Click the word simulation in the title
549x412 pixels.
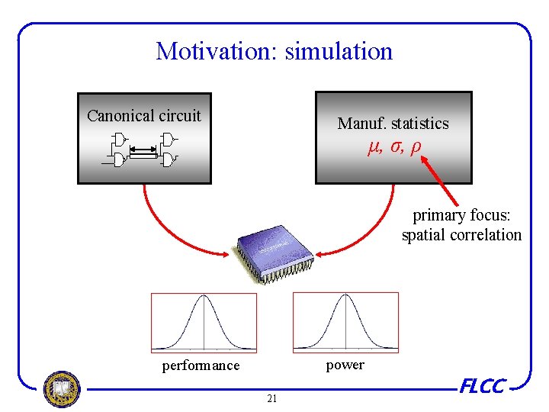[339, 51]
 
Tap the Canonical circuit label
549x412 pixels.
[144, 116]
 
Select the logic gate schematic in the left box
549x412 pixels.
[144, 150]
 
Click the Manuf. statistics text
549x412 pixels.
[393, 123]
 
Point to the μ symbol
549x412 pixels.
[373, 146]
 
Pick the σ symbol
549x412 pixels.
[395, 146]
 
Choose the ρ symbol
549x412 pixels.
[415, 146]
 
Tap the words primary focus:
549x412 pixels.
[461, 215]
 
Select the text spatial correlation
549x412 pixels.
[461, 235]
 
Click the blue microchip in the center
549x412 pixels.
[274, 248]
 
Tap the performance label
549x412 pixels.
[201, 365]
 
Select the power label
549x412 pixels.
[345, 365]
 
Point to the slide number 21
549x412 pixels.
[272, 398]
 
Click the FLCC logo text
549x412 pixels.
[482, 387]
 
